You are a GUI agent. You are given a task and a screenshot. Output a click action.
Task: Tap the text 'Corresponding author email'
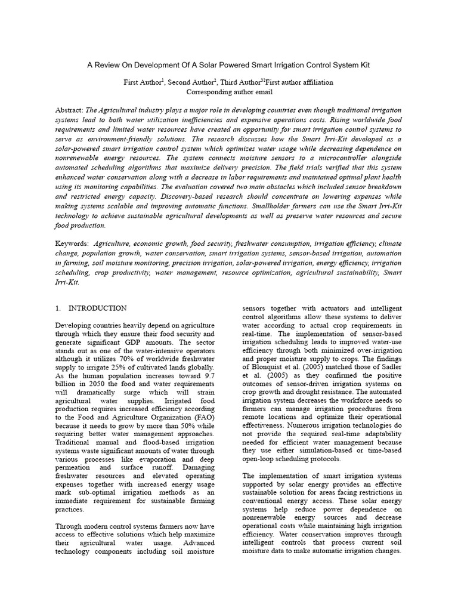point(230,92)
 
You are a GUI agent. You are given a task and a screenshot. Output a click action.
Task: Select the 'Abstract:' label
point(71,110)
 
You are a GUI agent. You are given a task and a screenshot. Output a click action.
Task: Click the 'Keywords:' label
point(72,244)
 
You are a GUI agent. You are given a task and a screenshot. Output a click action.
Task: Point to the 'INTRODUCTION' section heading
point(98,308)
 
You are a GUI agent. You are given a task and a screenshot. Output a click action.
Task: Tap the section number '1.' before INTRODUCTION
point(58,308)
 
